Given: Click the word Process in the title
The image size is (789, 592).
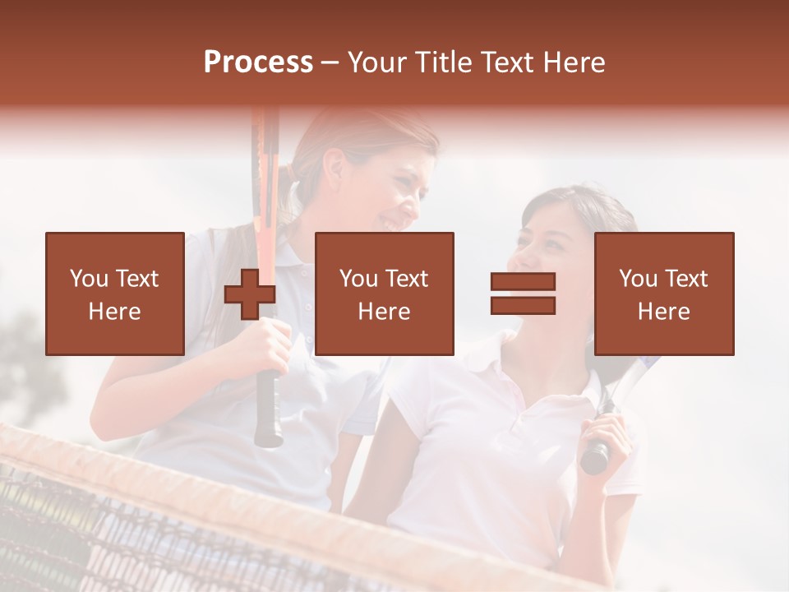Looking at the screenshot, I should (258, 62).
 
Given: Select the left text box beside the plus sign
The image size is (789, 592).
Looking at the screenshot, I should (114, 294).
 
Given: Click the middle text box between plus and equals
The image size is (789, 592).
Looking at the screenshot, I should (384, 294).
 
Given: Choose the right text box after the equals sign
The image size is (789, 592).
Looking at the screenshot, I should (663, 294).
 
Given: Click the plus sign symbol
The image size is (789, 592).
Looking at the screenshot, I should (250, 294).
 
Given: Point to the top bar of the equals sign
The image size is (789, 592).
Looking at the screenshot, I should (523, 282).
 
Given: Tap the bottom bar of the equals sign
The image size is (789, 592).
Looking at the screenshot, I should (523, 305).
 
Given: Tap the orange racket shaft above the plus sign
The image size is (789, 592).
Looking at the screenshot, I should (265, 189).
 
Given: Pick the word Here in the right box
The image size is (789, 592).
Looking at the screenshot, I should (663, 312).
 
